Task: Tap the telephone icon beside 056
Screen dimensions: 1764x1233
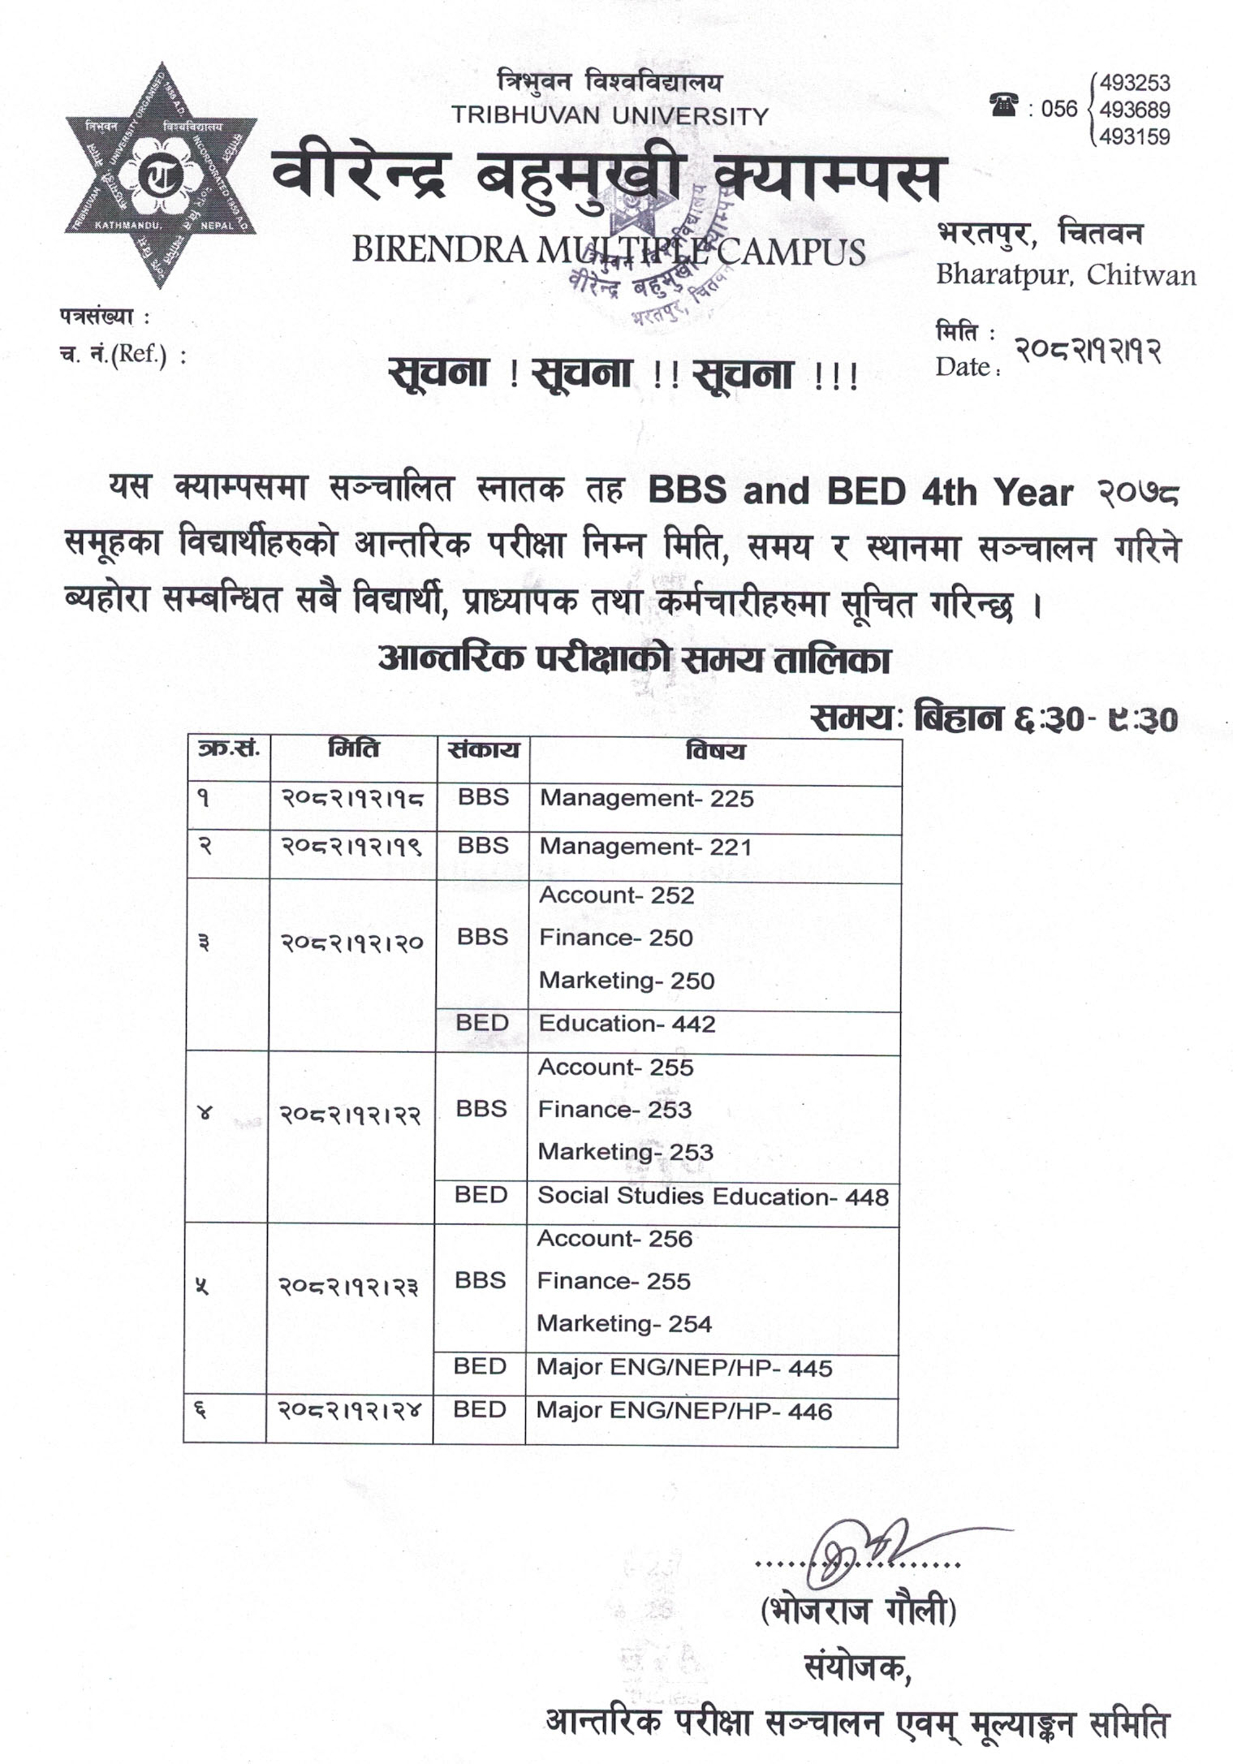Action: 1003,106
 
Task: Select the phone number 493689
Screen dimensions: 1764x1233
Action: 1134,110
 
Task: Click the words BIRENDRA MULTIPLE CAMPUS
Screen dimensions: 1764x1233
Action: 608,251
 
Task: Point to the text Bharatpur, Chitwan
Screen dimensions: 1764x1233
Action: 1066,274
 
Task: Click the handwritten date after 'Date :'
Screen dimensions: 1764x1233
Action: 1088,351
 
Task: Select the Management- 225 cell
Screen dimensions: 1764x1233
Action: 647,799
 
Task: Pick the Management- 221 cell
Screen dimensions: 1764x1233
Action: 646,847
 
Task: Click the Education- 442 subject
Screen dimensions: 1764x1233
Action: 627,1024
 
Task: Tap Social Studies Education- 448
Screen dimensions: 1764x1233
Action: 713,1197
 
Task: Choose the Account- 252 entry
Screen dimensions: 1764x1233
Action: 616,895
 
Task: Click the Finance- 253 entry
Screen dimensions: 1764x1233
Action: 614,1110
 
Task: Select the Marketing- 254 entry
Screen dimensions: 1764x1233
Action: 623,1324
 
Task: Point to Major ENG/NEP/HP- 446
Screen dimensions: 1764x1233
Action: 683,1412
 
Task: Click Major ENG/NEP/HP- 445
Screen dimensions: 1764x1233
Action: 683,1368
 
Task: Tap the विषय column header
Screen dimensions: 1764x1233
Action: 714,751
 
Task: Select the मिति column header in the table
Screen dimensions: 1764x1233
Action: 353,748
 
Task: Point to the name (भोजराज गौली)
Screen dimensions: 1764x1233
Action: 858,1610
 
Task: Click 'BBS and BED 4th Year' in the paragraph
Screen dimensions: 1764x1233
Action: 860,492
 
